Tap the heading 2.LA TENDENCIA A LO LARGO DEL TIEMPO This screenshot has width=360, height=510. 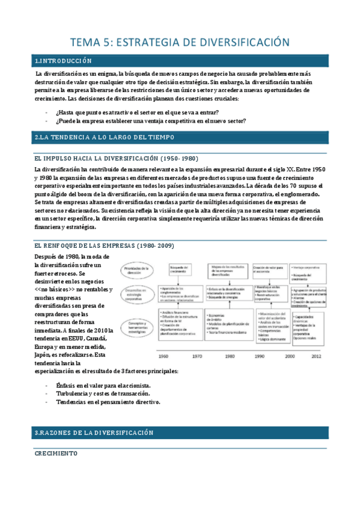tap(105, 138)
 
